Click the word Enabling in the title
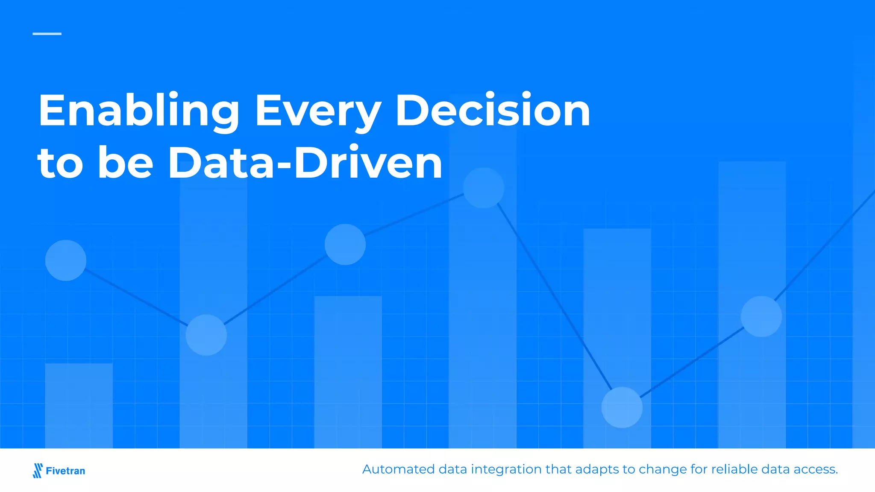[138, 111]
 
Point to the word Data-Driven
[305, 163]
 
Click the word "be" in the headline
[125, 163]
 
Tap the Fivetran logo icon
[38, 470]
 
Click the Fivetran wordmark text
[65, 471]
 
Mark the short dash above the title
[47, 33]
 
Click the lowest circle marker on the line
[622, 407]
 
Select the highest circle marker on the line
[484, 188]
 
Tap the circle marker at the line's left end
[66, 260]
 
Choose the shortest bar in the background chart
[79, 406]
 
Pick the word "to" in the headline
[60, 163]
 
